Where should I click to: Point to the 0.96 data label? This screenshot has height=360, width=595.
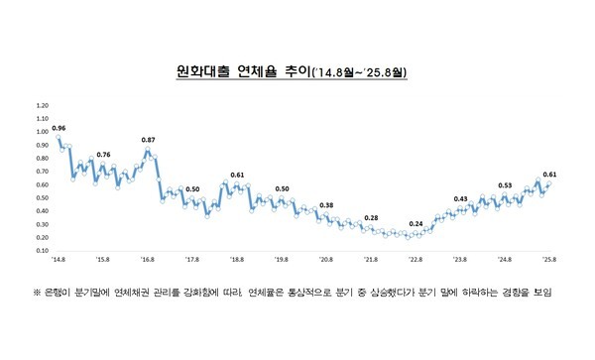pyautogui.click(x=59, y=129)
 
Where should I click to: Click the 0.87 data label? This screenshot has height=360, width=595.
pyautogui.click(x=149, y=140)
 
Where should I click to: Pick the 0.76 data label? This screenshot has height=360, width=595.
pyautogui.click(x=103, y=155)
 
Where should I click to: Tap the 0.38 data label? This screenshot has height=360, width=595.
pyautogui.click(x=326, y=205)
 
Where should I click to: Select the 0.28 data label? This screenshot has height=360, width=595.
pyautogui.click(x=371, y=218)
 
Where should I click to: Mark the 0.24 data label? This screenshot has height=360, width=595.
pyautogui.click(x=416, y=223)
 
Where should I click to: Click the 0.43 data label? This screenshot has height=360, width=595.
pyautogui.click(x=460, y=198)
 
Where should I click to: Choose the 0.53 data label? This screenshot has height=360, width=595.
pyautogui.click(x=505, y=185)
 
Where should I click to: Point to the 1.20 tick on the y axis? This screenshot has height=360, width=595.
pyautogui.click(x=42, y=104)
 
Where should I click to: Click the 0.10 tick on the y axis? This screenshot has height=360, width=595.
pyautogui.click(x=42, y=250)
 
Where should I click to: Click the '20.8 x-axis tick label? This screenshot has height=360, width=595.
pyautogui.click(x=325, y=259)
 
